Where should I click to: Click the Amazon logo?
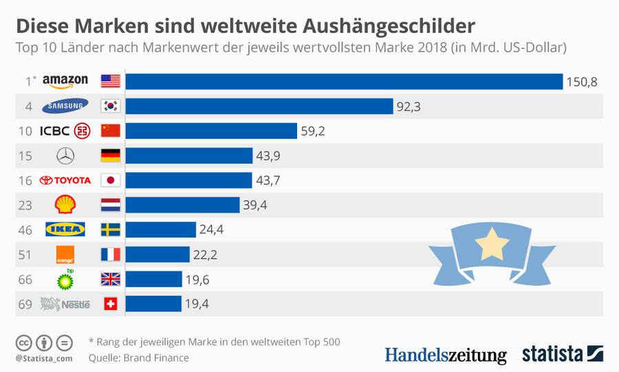pos(65,81)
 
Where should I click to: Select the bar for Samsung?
pos(259,106)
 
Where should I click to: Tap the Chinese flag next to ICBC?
pos(110,131)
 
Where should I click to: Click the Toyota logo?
pos(65,180)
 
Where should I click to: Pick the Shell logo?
pos(65,205)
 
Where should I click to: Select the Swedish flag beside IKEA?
pos(110,229)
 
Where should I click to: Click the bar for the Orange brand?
pos(158,254)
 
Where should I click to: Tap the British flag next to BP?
pos(110,279)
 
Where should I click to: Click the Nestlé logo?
pos(65,304)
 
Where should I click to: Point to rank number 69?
pos(25,304)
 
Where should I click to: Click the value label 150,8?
pos(581,82)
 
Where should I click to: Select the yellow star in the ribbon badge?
pos(495,242)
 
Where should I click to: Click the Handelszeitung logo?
pos(445,355)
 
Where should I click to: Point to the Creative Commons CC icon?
pos(23,342)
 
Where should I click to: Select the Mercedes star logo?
pos(65,156)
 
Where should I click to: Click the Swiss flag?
pos(110,304)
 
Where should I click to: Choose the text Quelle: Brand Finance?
pos(138,358)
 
